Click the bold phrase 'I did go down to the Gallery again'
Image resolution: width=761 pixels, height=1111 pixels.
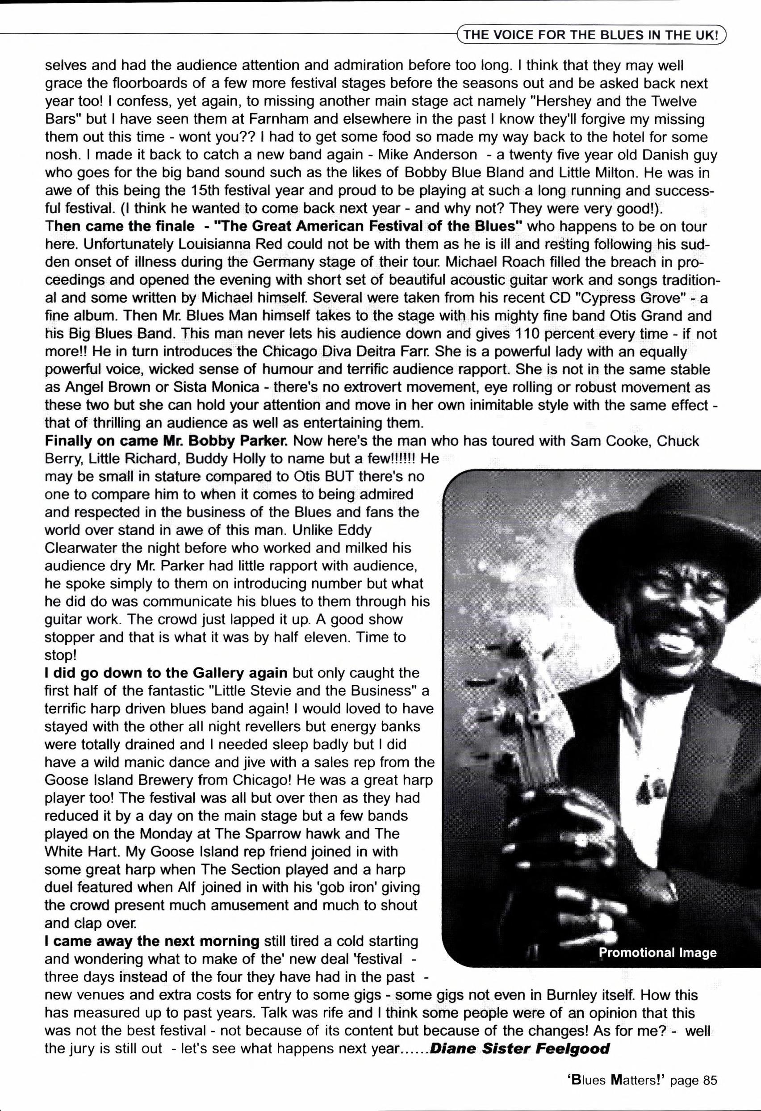tap(166, 673)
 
